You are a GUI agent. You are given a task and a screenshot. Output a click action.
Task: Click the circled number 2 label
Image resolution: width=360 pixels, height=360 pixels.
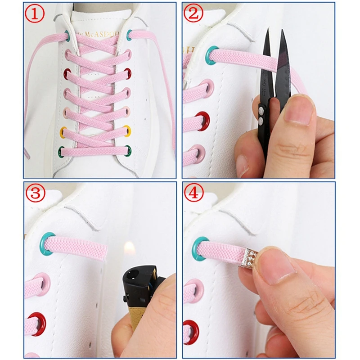pyautogui.click(x=194, y=15)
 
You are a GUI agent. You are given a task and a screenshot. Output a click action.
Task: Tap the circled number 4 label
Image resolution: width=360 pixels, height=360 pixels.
pyautogui.click(x=194, y=194)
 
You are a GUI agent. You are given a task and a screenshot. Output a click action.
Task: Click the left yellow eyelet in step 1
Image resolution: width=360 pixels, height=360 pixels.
pyautogui.click(x=65, y=132)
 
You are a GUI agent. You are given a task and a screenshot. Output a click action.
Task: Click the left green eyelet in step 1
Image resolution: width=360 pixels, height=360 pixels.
pyautogui.click(x=62, y=150)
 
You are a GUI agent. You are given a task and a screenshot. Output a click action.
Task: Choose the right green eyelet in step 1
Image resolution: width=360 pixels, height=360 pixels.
pyautogui.click(x=129, y=149)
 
